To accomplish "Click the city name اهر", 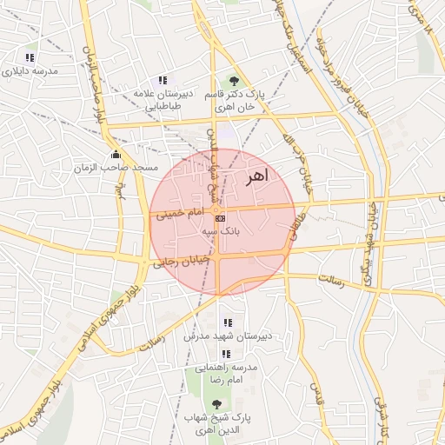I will [x=257, y=177].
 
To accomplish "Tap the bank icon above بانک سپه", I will [x=220, y=218].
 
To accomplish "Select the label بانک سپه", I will [x=220, y=232].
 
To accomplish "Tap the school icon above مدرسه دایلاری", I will [x=30, y=58].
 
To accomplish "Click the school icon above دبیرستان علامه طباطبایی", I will [x=163, y=80].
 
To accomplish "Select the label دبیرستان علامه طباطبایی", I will [x=163, y=98].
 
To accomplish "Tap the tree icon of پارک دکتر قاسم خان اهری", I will [x=234, y=80].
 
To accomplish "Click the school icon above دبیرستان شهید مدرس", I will [x=227, y=322].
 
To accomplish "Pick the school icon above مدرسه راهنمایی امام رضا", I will [x=226, y=354].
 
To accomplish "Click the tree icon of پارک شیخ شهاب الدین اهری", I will [x=216, y=404].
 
